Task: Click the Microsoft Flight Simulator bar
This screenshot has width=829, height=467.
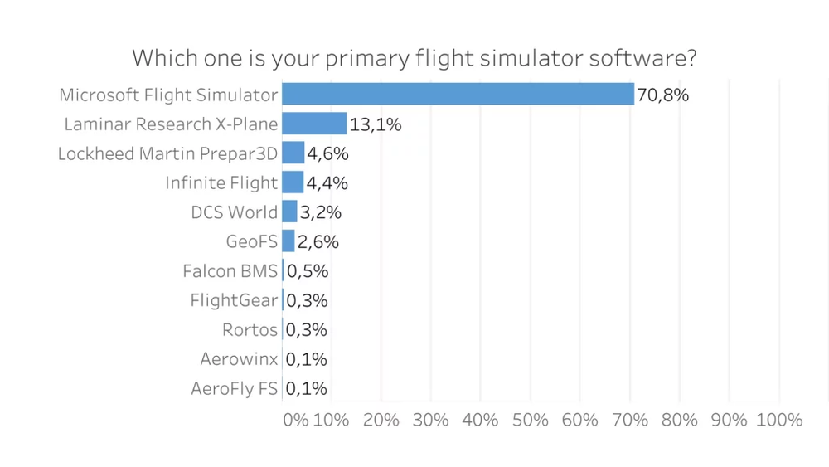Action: point(458,94)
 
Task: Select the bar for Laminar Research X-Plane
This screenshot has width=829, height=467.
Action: point(314,124)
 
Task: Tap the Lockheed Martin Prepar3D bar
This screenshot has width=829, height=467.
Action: point(293,153)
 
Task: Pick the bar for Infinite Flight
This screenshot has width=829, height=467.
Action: point(293,182)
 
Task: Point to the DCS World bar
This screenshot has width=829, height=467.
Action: point(289,212)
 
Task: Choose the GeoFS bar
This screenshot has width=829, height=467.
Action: point(288,241)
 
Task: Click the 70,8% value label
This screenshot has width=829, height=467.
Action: point(663,95)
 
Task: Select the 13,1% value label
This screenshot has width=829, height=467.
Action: point(376,124)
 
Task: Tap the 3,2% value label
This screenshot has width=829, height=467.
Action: point(321,212)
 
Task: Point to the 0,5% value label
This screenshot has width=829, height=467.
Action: point(307,271)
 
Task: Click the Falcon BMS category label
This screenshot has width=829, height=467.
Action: point(230,271)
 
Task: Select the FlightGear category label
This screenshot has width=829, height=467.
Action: point(234,300)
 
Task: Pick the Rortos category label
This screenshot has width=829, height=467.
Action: point(250,330)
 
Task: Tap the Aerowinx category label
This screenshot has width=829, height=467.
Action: point(239,359)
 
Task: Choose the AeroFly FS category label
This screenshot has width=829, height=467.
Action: point(234,389)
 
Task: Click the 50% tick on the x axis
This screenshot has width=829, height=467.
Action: point(531,420)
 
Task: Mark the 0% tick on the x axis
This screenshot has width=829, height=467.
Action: point(296,420)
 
